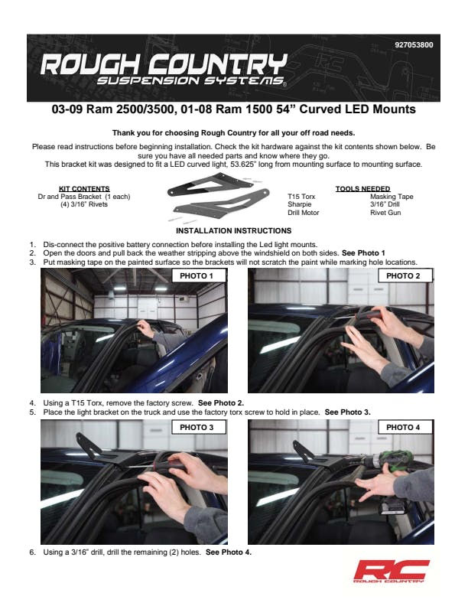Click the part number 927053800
[x=414, y=45]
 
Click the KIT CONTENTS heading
[x=84, y=188]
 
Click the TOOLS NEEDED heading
[x=362, y=188]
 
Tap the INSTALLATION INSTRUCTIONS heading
[x=233, y=231]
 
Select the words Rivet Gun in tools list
[x=385, y=213]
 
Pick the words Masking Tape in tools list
[x=392, y=197]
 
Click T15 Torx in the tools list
[x=301, y=197]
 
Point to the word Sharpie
[x=299, y=204]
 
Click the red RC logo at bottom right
[x=392, y=571]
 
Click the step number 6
[x=32, y=552]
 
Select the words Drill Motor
[x=303, y=213]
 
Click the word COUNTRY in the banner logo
[x=218, y=64]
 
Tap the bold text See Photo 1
[x=363, y=253]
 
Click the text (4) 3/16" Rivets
[x=84, y=204]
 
